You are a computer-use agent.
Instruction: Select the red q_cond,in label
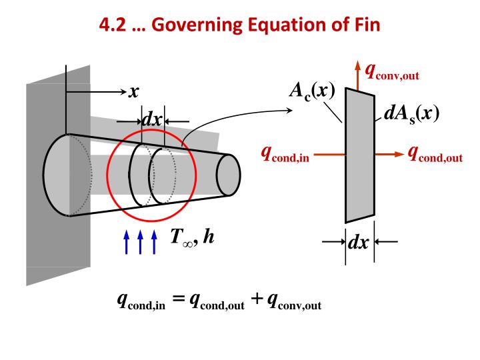coord(285,155)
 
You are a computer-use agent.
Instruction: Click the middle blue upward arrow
coord(139,241)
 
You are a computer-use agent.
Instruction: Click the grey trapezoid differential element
coord(359,155)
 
